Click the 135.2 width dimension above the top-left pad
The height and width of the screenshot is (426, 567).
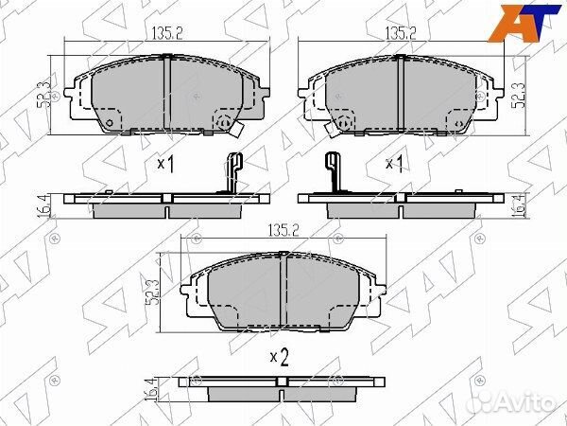pos(167,34)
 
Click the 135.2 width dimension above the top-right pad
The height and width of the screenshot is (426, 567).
pos(401,34)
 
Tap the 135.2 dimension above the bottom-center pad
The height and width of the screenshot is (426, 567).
pos(283,230)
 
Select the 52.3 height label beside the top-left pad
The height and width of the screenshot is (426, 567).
pos(44,95)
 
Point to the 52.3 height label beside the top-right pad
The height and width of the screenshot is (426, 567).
pos(520,95)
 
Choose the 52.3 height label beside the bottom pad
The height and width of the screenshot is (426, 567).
pos(152,293)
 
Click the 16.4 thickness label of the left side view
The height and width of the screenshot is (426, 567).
pos(43,206)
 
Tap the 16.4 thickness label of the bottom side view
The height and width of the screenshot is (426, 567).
pos(150,389)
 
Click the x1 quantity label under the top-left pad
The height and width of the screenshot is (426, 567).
pos(166,164)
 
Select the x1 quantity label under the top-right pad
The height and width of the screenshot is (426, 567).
pos(394,164)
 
